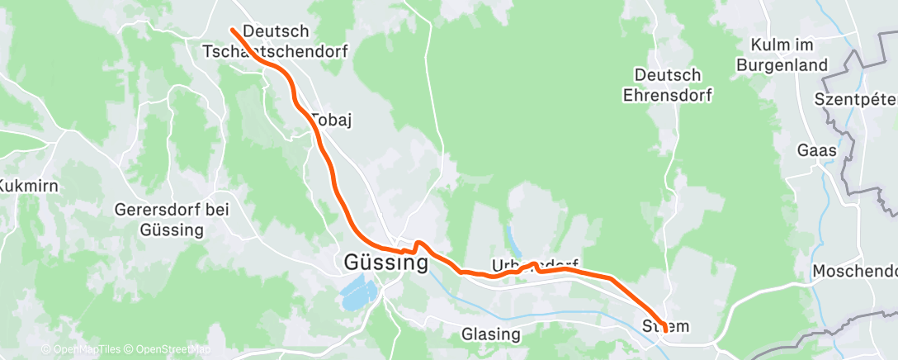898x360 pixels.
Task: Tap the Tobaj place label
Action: (x=332, y=121)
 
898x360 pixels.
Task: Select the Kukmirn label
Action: (x=29, y=186)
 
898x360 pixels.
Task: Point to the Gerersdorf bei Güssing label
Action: (x=172, y=220)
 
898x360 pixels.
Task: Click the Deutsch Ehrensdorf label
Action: (x=669, y=85)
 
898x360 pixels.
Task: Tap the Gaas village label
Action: (x=817, y=151)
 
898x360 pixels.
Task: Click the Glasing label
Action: (x=491, y=334)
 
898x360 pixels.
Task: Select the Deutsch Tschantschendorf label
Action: (x=276, y=41)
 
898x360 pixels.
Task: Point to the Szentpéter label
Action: (x=855, y=100)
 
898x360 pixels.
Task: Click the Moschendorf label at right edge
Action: (x=854, y=271)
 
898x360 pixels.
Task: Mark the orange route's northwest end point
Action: (x=232, y=30)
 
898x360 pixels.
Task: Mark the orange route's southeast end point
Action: (x=665, y=330)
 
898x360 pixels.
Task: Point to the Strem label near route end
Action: (x=665, y=327)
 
